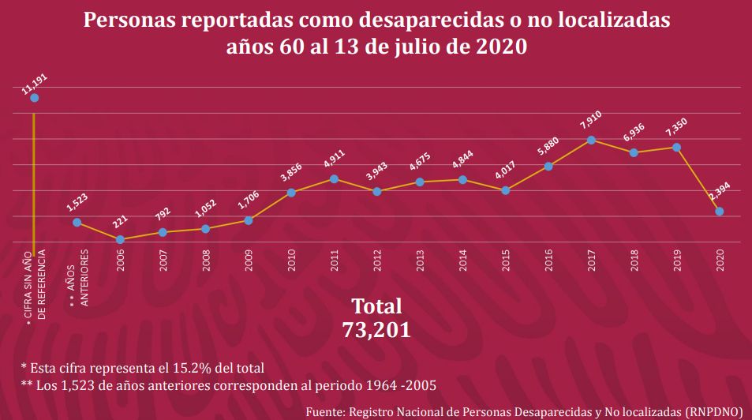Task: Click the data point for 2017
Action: tap(590, 141)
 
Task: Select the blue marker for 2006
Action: tap(120, 239)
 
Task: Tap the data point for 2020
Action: tap(719, 212)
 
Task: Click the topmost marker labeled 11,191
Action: tap(34, 98)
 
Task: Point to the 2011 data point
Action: tap(335, 179)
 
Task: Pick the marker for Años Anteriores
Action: tap(77, 223)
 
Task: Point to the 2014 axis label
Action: tap(463, 260)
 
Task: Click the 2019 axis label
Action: tap(677, 260)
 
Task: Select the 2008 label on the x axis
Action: tap(206, 260)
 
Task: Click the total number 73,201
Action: tap(376, 329)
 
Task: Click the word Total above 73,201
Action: tap(376, 306)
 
